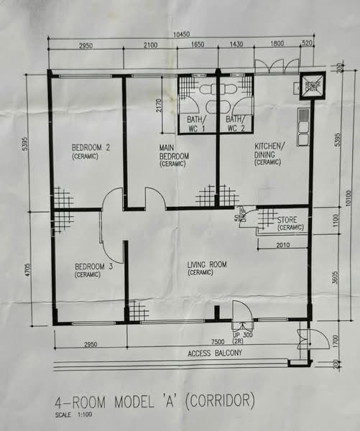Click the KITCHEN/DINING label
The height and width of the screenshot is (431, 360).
pyautogui.click(x=269, y=153)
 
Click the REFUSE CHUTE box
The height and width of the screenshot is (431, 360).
pyautogui.click(x=313, y=85)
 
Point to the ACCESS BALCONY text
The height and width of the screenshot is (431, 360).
pyautogui.click(x=215, y=354)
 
